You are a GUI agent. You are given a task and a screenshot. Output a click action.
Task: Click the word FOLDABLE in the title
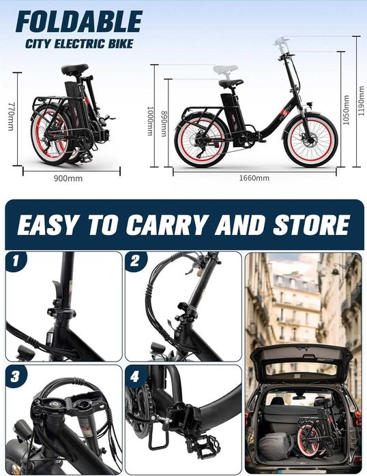coord(78,21)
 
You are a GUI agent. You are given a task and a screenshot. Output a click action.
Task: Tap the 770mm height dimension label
coord(11,116)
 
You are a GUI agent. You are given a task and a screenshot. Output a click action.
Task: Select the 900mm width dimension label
coord(68,178)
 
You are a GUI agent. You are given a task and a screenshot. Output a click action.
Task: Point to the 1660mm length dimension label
coord(254,178)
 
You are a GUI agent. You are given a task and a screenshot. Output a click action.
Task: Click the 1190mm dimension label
coord(362,101)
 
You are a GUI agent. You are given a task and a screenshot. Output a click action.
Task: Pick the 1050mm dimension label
coord(346,110)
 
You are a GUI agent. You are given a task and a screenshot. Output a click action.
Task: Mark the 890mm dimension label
coord(164,123)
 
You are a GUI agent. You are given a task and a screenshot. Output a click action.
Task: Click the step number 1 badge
coord(15,261)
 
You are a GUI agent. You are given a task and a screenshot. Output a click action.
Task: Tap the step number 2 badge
coord(135,260)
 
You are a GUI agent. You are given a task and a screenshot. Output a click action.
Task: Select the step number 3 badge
coord(15,377)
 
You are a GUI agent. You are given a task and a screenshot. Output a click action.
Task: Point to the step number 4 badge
coord(135,377)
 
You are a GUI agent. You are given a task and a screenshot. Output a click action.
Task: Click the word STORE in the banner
coord(311,225)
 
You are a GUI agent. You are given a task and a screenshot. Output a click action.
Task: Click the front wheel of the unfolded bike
coord(310,140)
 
